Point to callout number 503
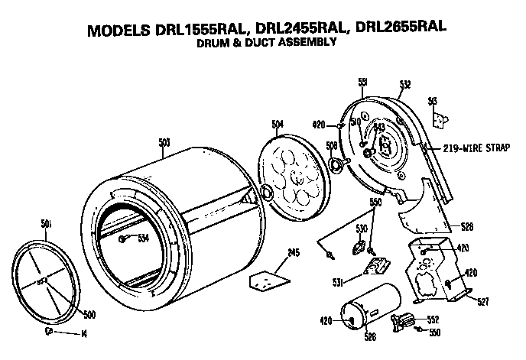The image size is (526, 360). tap(164, 141)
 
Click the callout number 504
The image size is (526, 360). tap(277, 123)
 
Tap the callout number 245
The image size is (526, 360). tap(273, 253)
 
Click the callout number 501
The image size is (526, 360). tap(45, 223)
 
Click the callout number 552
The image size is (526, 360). tap(433, 319)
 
